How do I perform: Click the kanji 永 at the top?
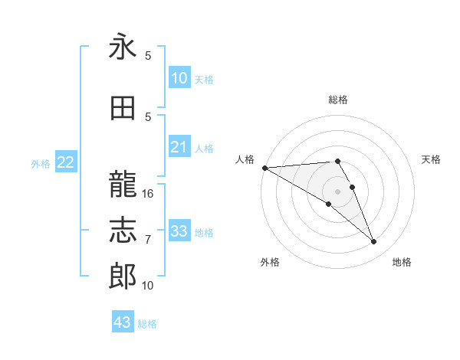(x=123, y=47)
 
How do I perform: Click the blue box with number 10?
(x=179, y=78)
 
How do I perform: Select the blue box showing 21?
(x=179, y=148)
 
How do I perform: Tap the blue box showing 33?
(x=179, y=231)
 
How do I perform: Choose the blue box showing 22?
(x=66, y=162)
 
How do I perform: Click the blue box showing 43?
(x=123, y=322)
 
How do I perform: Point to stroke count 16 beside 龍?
(x=148, y=194)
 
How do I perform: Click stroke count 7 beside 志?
(x=148, y=240)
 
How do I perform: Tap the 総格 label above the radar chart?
(x=337, y=100)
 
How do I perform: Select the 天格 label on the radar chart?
(x=431, y=159)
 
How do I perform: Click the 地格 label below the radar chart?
(x=402, y=263)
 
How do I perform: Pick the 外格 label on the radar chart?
(x=270, y=263)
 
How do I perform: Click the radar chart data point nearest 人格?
(x=264, y=167)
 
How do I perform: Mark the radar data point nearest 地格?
(x=373, y=242)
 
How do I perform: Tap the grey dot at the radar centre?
(x=337, y=191)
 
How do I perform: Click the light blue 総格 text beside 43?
(x=147, y=324)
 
